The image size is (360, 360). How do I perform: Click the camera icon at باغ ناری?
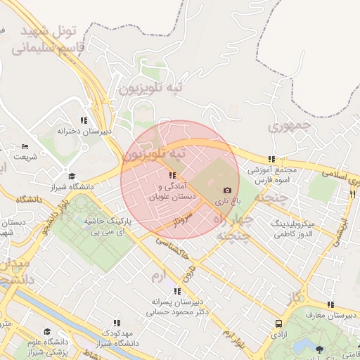(x=227, y=190)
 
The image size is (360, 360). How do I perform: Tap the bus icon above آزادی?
(x=279, y=324)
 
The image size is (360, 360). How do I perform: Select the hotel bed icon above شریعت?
(x=25, y=147)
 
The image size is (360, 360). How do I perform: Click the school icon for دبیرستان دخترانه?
(x=84, y=120)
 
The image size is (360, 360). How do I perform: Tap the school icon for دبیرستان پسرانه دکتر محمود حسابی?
(x=176, y=290)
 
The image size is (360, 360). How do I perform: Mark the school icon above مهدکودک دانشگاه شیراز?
(x=117, y=322)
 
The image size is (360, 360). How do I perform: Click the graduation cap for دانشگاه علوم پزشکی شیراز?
(x=46, y=331)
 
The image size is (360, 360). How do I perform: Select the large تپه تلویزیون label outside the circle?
(x=150, y=88)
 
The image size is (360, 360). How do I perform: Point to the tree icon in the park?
(x=320, y=349)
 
